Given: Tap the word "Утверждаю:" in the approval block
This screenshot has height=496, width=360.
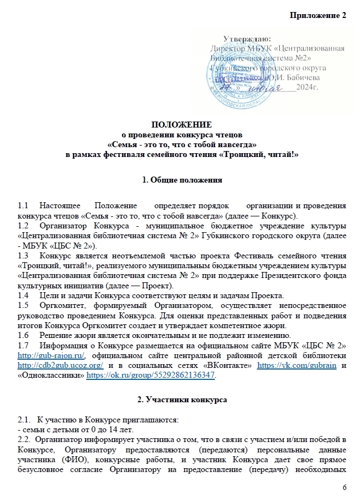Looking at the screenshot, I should point(247,39).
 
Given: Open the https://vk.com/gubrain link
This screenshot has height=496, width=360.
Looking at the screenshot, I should point(307,366).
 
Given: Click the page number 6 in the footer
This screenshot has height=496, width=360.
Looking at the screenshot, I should point(344,486).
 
